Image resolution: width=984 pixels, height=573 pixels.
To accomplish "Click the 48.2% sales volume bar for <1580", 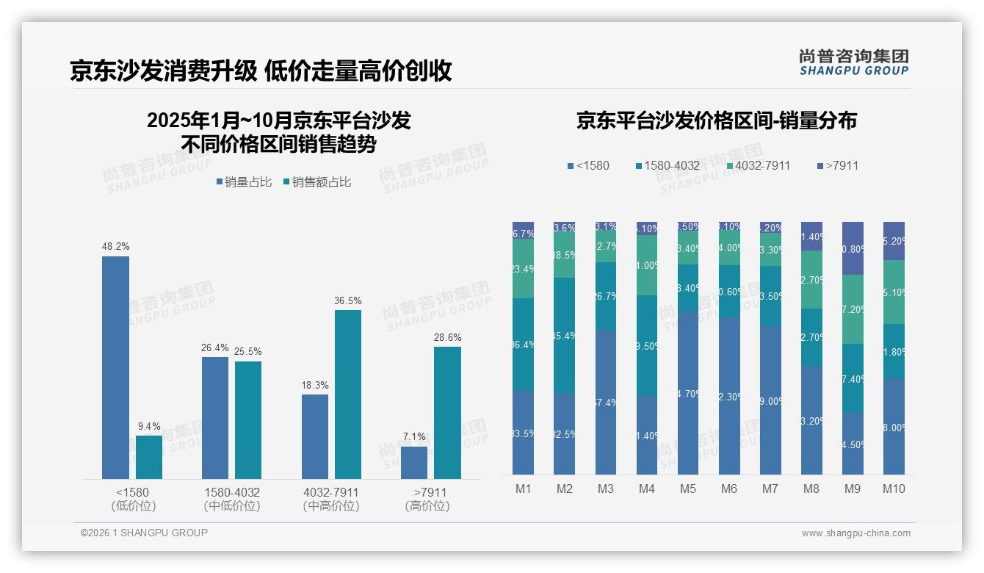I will pyautogui.click(x=115, y=367).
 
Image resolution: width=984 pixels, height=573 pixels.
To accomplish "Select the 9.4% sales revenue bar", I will pyautogui.click(x=149, y=457).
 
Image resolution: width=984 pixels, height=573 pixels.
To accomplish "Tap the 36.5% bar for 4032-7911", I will pyautogui.click(x=348, y=394).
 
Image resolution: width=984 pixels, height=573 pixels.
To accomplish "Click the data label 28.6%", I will pyautogui.click(x=447, y=338).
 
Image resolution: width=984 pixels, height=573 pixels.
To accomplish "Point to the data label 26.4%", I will pyautogui.click(x=215, y=348).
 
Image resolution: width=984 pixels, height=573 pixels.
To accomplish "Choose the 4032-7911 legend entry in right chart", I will pyautogui.click(x=758, y=165).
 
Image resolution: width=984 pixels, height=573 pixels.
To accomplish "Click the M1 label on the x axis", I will pyautogui.click(x=524, y=489).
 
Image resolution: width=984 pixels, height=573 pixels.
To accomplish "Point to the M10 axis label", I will pyautogui.click(x=894, y=489).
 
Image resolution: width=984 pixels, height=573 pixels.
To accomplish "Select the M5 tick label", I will pyautogui.click(x=688, y=489).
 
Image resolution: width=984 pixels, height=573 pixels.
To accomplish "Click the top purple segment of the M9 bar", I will pyautogui.click(x=853, y=248).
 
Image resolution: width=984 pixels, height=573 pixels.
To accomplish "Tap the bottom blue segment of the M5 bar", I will pyautogui.click(x=688, y=393).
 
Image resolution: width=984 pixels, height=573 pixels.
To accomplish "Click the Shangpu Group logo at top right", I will pyautogui.click(x=853, y=62).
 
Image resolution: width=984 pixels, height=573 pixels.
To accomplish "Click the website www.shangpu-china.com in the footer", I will pyautogui.click(x=855, y=533).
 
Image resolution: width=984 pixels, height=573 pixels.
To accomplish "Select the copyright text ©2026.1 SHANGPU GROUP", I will pyautogui.click(x=144, y=533).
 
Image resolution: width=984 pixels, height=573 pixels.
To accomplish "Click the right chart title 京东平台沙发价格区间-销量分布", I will pyautogui.click(x=716, y=121).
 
